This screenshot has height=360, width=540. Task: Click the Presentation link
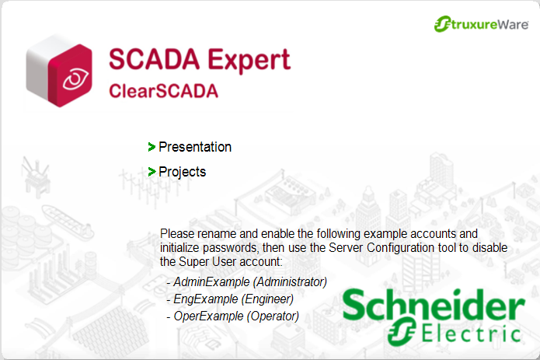point(195,147)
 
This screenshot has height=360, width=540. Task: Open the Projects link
point(182,172)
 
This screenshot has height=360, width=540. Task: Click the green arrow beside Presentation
point(152,147)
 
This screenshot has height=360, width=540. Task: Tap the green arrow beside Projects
point(152,172)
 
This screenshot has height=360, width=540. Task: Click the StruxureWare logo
point(481,24)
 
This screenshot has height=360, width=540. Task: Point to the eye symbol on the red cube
point(75,79)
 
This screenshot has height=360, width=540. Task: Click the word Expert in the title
point(249,61)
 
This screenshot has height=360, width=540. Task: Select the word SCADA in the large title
point(155,59)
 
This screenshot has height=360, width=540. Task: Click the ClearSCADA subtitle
point(164,91)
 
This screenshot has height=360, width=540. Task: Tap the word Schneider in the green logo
point(434,304)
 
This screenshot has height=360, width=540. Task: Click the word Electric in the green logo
point(472,334)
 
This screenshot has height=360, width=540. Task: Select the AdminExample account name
point(211,281)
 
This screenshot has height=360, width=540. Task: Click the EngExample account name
point(206,299)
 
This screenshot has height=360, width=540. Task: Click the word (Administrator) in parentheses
point(290,282)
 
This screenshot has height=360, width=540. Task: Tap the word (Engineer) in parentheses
point(267,299)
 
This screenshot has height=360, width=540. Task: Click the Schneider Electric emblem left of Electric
point(402,331)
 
